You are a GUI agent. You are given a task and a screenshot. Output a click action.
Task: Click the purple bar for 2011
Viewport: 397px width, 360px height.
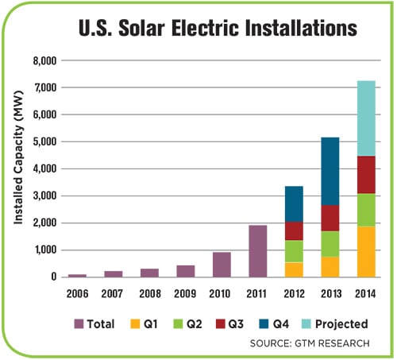[258, 251]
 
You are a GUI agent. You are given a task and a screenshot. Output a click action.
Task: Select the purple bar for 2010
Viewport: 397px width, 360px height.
[222, 265]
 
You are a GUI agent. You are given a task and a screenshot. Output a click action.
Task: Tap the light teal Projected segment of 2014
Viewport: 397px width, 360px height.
[366, 118]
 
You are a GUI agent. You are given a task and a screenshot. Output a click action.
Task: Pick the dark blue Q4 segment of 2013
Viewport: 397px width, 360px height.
[330, 171]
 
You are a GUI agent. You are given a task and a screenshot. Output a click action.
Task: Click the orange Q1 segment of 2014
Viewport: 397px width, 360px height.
[366, 252]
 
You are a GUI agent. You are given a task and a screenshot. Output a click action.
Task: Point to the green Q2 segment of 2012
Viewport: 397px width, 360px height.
[294, 251]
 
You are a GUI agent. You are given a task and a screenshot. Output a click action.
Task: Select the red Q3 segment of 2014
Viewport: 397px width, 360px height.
[366, 175]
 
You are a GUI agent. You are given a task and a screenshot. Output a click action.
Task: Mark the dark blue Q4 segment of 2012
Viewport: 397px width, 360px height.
[294, 204]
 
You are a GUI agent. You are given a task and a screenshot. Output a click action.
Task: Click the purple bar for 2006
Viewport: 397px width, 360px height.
[77, 276]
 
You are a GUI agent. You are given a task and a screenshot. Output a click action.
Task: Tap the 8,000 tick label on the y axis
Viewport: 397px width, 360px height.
[44, 61]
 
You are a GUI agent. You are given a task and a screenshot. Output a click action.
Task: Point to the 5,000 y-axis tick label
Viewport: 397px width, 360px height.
[44, 141]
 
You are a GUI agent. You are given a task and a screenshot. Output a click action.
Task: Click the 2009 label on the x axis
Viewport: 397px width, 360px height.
[185, 293]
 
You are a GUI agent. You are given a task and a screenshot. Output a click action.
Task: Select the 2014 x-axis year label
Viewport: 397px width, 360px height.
[365, 293]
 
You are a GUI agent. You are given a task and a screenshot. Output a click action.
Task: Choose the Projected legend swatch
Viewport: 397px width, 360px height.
[306, 324]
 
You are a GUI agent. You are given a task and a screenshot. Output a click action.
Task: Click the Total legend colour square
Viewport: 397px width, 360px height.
[79, 324]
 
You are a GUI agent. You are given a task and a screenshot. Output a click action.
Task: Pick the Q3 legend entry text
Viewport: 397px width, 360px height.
[236, 324]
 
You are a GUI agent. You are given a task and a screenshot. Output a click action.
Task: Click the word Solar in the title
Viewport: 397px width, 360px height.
[141, 28]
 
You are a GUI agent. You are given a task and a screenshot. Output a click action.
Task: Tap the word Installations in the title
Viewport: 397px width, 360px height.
[301, 28]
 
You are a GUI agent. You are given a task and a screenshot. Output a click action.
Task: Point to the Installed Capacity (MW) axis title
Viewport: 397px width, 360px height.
[18, 157]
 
